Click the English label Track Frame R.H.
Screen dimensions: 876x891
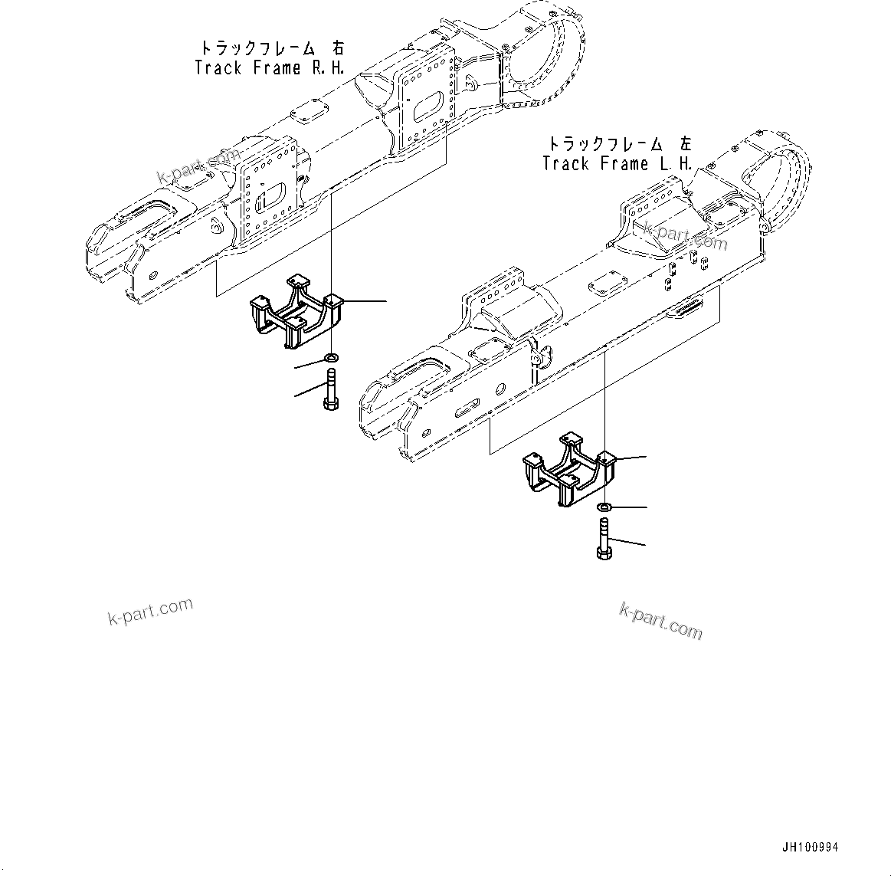point(269,68)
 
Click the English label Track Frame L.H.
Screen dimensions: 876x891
point(617,164)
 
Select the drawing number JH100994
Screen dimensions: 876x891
point(811,848)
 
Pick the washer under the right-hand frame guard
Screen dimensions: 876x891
point(332,357)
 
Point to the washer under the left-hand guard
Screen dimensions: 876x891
point(604,507)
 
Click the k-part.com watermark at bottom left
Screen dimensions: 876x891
point(149,611)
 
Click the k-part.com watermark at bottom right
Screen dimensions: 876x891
point(660,620)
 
